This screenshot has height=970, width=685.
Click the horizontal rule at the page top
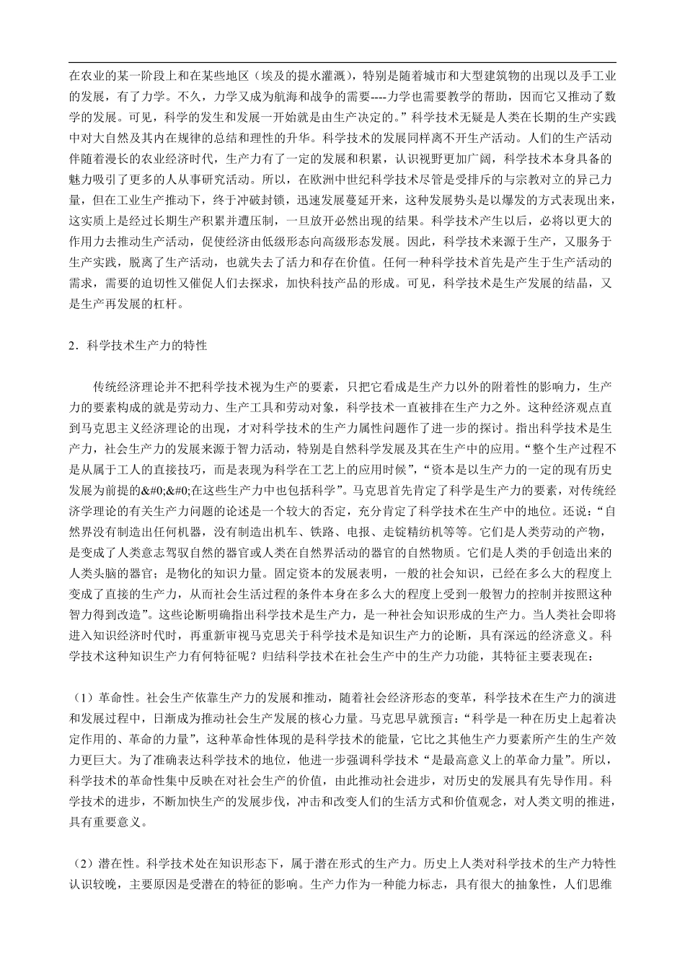342,64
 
